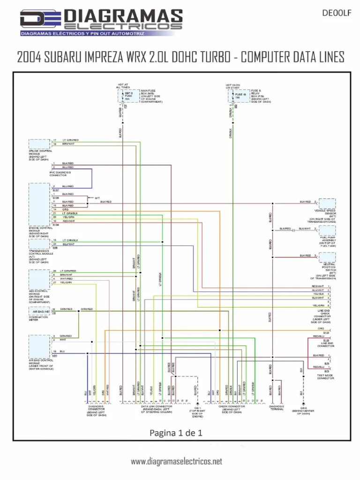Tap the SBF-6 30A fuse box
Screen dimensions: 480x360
click(127, 96)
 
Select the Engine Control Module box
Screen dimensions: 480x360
click(39, 204)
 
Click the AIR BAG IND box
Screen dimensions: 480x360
click(39, 311)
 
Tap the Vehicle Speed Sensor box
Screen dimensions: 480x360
click(327, 203)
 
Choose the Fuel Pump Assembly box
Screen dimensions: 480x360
click(327, 230)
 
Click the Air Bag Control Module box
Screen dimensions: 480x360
click(39, 346)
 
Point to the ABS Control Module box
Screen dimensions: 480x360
click(39, 278)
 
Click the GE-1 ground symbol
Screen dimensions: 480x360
click(197, 403)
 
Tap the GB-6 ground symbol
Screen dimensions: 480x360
click(303, 403)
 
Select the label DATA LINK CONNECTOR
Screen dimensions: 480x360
click(157, 406)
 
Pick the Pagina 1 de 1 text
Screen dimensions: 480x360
click(176, 433)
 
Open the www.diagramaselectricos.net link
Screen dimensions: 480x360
click(176, 462)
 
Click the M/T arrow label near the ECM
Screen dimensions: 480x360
click(97, 198)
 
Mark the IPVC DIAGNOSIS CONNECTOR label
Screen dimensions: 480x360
click(60, 173)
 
